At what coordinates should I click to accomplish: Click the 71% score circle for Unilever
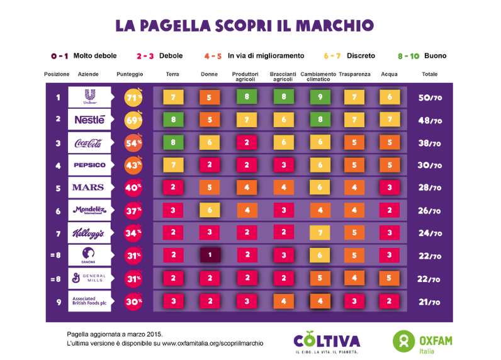tap(133, 98)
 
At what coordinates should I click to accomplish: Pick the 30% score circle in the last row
tap(133, 301)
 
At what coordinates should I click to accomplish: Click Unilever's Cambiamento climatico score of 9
tap(320, 97)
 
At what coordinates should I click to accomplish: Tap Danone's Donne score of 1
tap(209, 255)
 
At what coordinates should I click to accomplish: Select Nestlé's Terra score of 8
tap(173, 120)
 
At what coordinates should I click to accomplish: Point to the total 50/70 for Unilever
tap(430, 98)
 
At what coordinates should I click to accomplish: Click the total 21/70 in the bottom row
tap(430, 302)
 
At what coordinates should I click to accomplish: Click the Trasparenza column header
tap(354, 74)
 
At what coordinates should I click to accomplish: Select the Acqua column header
tap(389, 74)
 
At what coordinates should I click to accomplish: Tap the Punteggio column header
tap(130, 74)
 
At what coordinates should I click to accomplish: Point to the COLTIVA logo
tap(327, 342)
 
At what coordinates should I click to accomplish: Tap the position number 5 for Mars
tap(58, 188)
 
